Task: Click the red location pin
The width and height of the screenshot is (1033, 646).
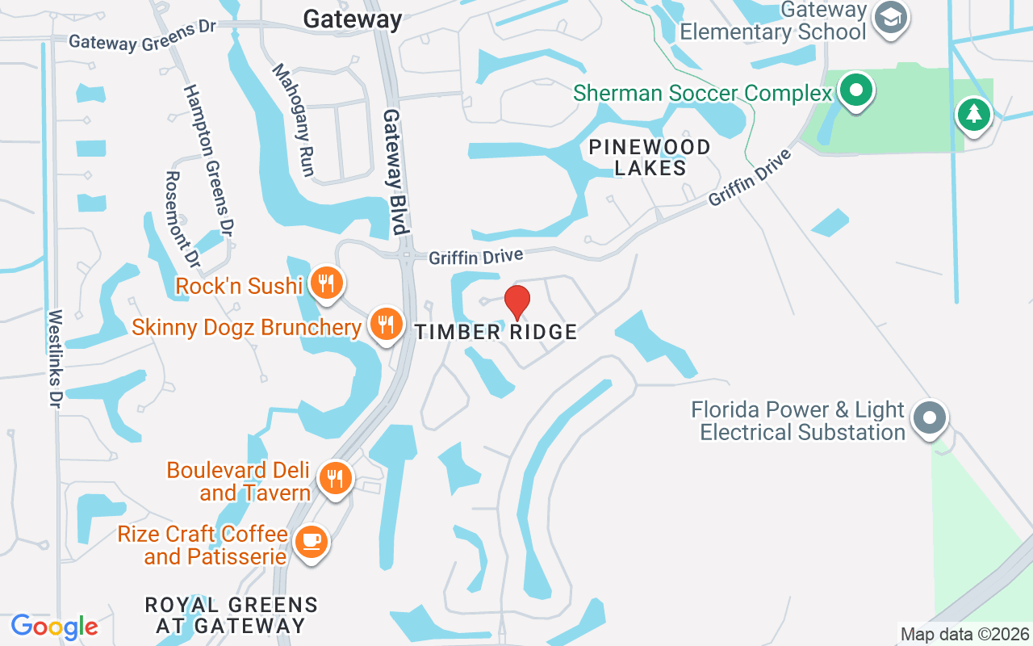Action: [516, 303]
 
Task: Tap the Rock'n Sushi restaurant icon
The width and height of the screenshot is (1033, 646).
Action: [326, 283]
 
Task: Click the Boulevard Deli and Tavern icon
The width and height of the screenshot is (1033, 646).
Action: [334, 478]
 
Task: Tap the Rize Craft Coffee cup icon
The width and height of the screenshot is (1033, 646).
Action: [311, 540]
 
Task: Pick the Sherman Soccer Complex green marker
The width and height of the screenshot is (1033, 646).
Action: [856, 90]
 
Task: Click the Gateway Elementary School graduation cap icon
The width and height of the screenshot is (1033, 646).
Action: [891, 19]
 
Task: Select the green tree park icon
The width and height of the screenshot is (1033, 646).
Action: [973, 115]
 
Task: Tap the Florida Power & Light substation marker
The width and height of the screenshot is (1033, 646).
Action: [930, 418]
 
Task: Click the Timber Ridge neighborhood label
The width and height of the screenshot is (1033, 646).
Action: [496, 332]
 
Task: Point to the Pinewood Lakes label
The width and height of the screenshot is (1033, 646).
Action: [650, 157]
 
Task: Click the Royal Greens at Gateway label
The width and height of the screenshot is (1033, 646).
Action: [231, 615]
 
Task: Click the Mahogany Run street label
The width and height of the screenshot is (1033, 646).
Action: [293, 120]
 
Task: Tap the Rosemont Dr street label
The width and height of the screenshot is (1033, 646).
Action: [182, 218]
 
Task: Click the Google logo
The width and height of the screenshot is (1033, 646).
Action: [54, 627]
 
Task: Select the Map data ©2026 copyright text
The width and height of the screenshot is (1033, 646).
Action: [965, 634]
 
